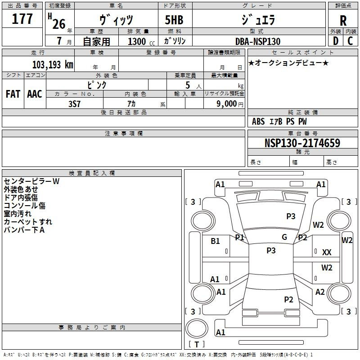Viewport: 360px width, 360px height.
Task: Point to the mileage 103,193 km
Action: tap(53, 64)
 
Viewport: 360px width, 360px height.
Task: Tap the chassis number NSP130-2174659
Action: tap(302, 143)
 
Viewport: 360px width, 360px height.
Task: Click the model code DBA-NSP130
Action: tap(257, 41)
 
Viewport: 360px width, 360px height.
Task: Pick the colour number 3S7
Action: tap(74, 103)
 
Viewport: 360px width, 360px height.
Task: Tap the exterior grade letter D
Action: tap(335, 41)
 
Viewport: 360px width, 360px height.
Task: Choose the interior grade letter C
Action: tap(350, 41)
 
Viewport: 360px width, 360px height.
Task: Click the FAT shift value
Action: tap(13, 94)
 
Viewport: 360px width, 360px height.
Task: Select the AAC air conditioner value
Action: tap(35, 94)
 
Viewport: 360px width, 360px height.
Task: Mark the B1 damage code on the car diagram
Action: tap(216, 241)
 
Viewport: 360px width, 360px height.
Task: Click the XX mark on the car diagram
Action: tap(327, 252)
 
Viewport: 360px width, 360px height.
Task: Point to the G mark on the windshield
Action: tap(284, 237)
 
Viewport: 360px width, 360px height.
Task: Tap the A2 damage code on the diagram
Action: tap(320, 292)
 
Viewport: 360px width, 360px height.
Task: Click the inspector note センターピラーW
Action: tap(31, 181)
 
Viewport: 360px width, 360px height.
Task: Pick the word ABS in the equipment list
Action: tap(258, 121)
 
